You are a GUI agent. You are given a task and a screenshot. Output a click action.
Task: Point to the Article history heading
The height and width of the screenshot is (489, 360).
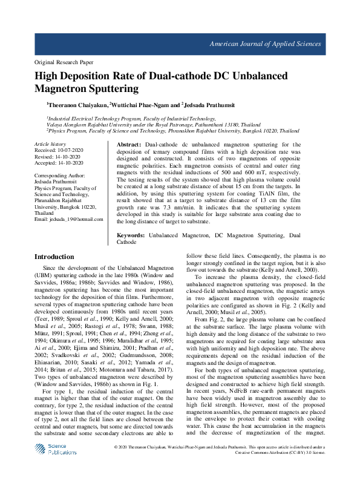50,144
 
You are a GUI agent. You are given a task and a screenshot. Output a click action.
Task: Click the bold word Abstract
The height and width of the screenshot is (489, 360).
128,145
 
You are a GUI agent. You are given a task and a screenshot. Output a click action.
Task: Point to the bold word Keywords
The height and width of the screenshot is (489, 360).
130,234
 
